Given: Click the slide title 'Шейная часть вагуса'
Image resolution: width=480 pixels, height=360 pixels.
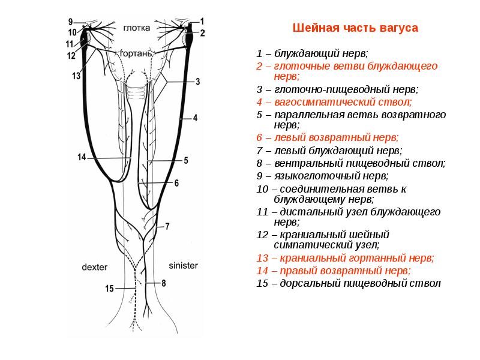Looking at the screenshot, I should point(355,28).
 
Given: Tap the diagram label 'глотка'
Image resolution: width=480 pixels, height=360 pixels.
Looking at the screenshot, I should point(137,28).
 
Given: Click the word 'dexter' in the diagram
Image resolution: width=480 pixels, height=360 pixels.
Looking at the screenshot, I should point(94,265).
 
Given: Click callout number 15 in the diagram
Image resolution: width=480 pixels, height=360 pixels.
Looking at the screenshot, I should point(109,289).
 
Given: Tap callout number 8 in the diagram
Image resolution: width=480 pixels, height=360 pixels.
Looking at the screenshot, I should point(163,282).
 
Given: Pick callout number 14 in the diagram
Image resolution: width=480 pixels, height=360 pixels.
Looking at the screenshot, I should point(82,157).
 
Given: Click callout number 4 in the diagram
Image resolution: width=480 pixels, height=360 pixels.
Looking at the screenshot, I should point(195,118).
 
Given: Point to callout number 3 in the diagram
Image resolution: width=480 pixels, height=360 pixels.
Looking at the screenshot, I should point(197,82).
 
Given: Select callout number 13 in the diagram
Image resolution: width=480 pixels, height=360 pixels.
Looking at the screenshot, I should point(76,76).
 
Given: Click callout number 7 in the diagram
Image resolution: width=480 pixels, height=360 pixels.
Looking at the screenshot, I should point(167,226).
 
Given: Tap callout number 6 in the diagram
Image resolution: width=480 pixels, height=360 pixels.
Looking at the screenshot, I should point(176,184).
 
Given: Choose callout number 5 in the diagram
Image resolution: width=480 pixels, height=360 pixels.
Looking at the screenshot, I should point(185,160).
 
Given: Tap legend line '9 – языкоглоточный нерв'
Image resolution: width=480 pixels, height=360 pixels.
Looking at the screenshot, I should point(322,176).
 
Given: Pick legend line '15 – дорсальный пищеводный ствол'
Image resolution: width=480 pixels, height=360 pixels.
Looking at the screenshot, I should point(348,283).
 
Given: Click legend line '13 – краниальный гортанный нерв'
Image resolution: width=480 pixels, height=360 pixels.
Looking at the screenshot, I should point(344,258).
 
